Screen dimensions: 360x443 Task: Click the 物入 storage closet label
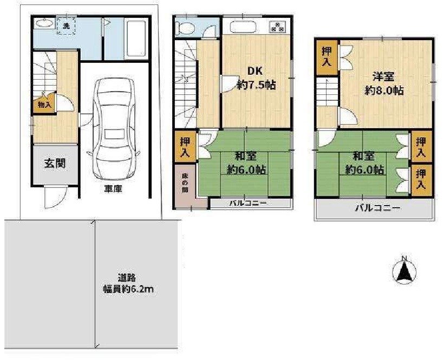point(44,105)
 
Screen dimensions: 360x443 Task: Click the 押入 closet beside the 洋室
point(327,55)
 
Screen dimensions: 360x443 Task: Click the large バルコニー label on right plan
point(377,208)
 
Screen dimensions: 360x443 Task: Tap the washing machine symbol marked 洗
point(66,25)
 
